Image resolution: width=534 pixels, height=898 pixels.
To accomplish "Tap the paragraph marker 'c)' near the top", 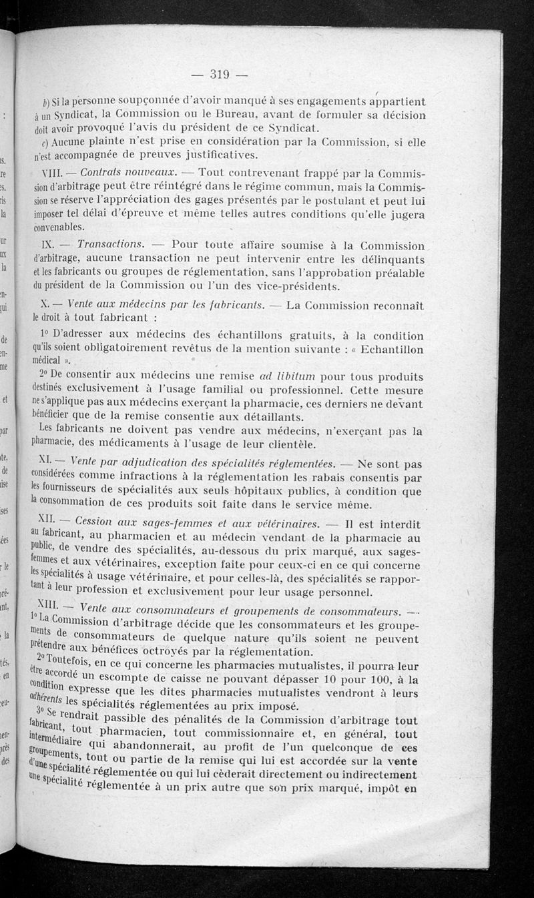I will tap(42, 143).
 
